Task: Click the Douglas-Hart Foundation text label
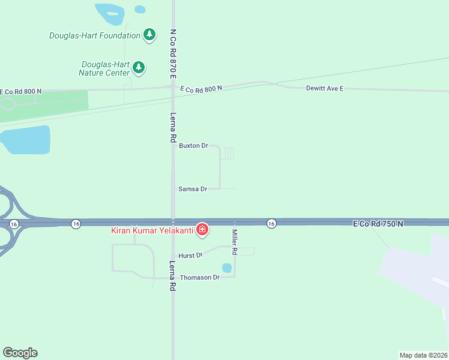[x=94, y=35]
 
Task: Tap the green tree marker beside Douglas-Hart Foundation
[x=149, y=35]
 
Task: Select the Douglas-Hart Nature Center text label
[x=104, y=68]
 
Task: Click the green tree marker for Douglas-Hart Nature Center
[x=139, y=67]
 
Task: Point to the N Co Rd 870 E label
[x=173, y=54]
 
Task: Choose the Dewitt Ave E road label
[x=325, y=88]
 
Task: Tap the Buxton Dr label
[x=193, y=146]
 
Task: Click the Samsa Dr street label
[x=193, y=189]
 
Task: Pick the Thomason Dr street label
[x=200, y=278]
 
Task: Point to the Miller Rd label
[x=235, y=242]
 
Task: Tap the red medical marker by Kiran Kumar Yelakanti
[x=203, y=229]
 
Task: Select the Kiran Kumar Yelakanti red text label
[x=151, y=230]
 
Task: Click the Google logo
[x=20, y=353]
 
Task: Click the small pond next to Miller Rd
[x=227, y=268]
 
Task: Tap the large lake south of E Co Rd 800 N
[x=24, y=140]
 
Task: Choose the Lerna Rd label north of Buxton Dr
[x=173, y=127]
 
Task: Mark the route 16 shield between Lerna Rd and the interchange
[x=75, y=224]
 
